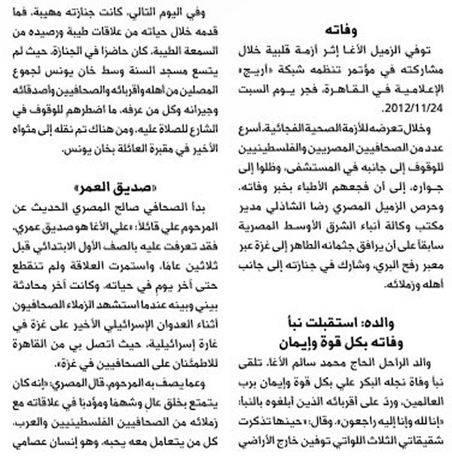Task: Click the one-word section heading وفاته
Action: point(344,29)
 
